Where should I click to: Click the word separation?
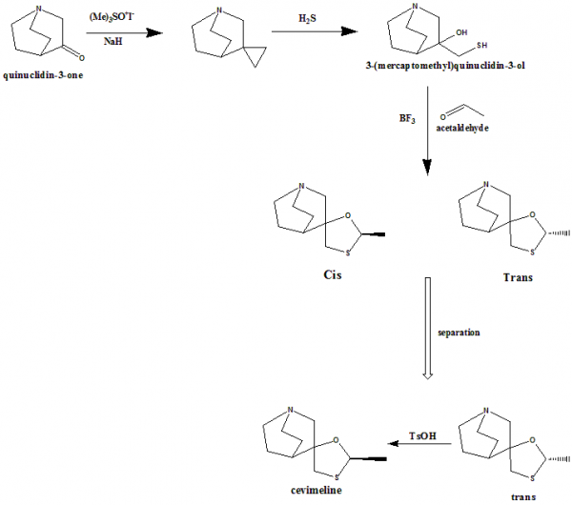458,333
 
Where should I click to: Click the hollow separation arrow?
427,328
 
